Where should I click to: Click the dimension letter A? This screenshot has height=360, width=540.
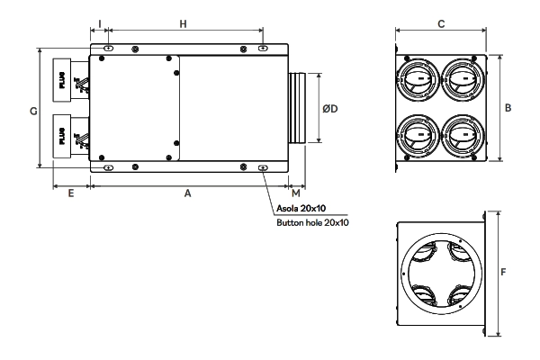(187, 193)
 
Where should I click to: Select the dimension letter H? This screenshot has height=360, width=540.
(184, 24)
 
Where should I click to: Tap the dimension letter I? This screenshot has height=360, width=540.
(99, 24)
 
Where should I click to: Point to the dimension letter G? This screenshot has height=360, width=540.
(32, 111)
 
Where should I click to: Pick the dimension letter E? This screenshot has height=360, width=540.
(71, 193)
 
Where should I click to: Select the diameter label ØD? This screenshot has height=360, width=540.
(330, 109)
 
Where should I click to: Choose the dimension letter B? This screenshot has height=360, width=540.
(508, 108)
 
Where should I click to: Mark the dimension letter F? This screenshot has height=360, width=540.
(502, 269)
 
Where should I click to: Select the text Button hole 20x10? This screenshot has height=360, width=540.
(312, 221)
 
